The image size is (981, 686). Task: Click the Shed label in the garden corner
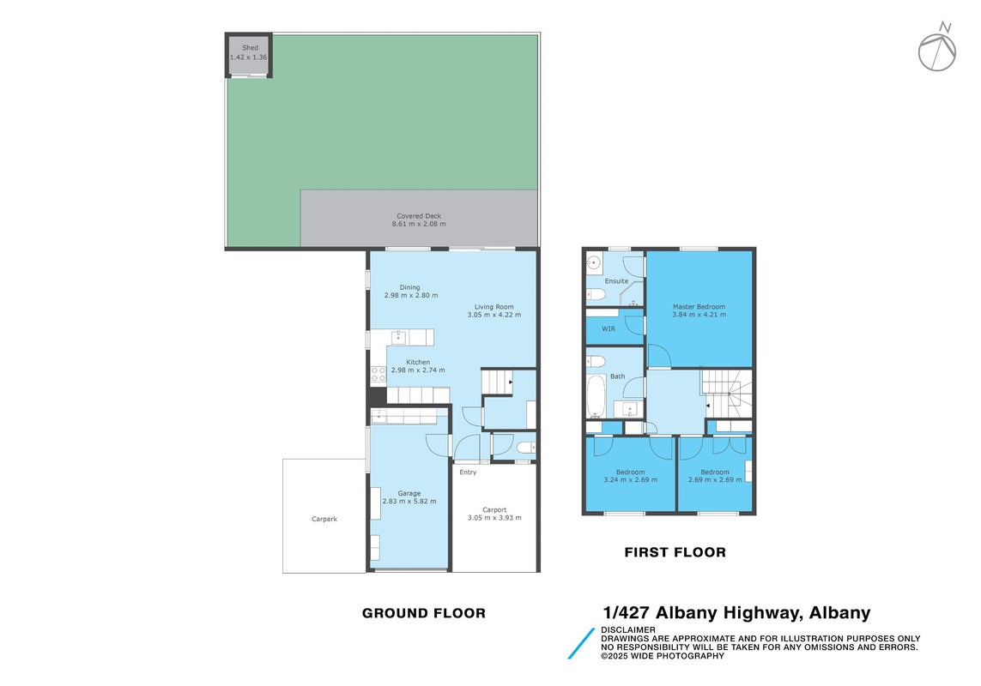pyautogui.click(x=251, y=47)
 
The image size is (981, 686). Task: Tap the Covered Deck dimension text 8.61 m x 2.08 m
pyautogui.click(x=419, y=224)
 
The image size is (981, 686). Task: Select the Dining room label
pyautogui.click(x=409, y=287)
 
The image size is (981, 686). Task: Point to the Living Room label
pyautogui.click(x=494, y=307)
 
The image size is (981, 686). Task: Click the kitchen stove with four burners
pyautogui.click(x=378, y=374)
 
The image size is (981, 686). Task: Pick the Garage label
pyautogui.click(x=409, y=493)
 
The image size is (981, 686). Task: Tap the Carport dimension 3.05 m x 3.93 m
pyautogui.click(x=494, y=518)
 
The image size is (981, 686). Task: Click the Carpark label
pyautogui.click(x=324, y=519)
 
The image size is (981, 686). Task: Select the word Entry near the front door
pyautogui.click(x=468, y=472)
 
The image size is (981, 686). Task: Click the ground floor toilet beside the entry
pyautogui.click(x=526, y=447)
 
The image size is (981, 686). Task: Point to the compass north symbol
pyautogui.click(x=937, y=47)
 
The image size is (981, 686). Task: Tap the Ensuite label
pyautogui.click(x=616, y=281)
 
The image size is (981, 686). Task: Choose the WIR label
pyautogui.click(x=609, y=329)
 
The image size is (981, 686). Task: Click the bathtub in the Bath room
pyautogui.click(x=596, y=396)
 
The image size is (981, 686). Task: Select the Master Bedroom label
pyautogui.click(x=699, y=307)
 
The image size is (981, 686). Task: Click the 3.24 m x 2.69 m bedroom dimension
pyautogui.click(x=630, y=480)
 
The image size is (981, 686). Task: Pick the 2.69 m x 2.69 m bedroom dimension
pyautogui.click(x=714, y=480)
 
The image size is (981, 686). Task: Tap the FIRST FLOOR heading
pyautogui.click(x=675, y=552)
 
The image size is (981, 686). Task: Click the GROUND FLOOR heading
pyautogui.click(x=424, y=613)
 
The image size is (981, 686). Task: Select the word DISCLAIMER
pyautogui.click(x=628, y=629)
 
